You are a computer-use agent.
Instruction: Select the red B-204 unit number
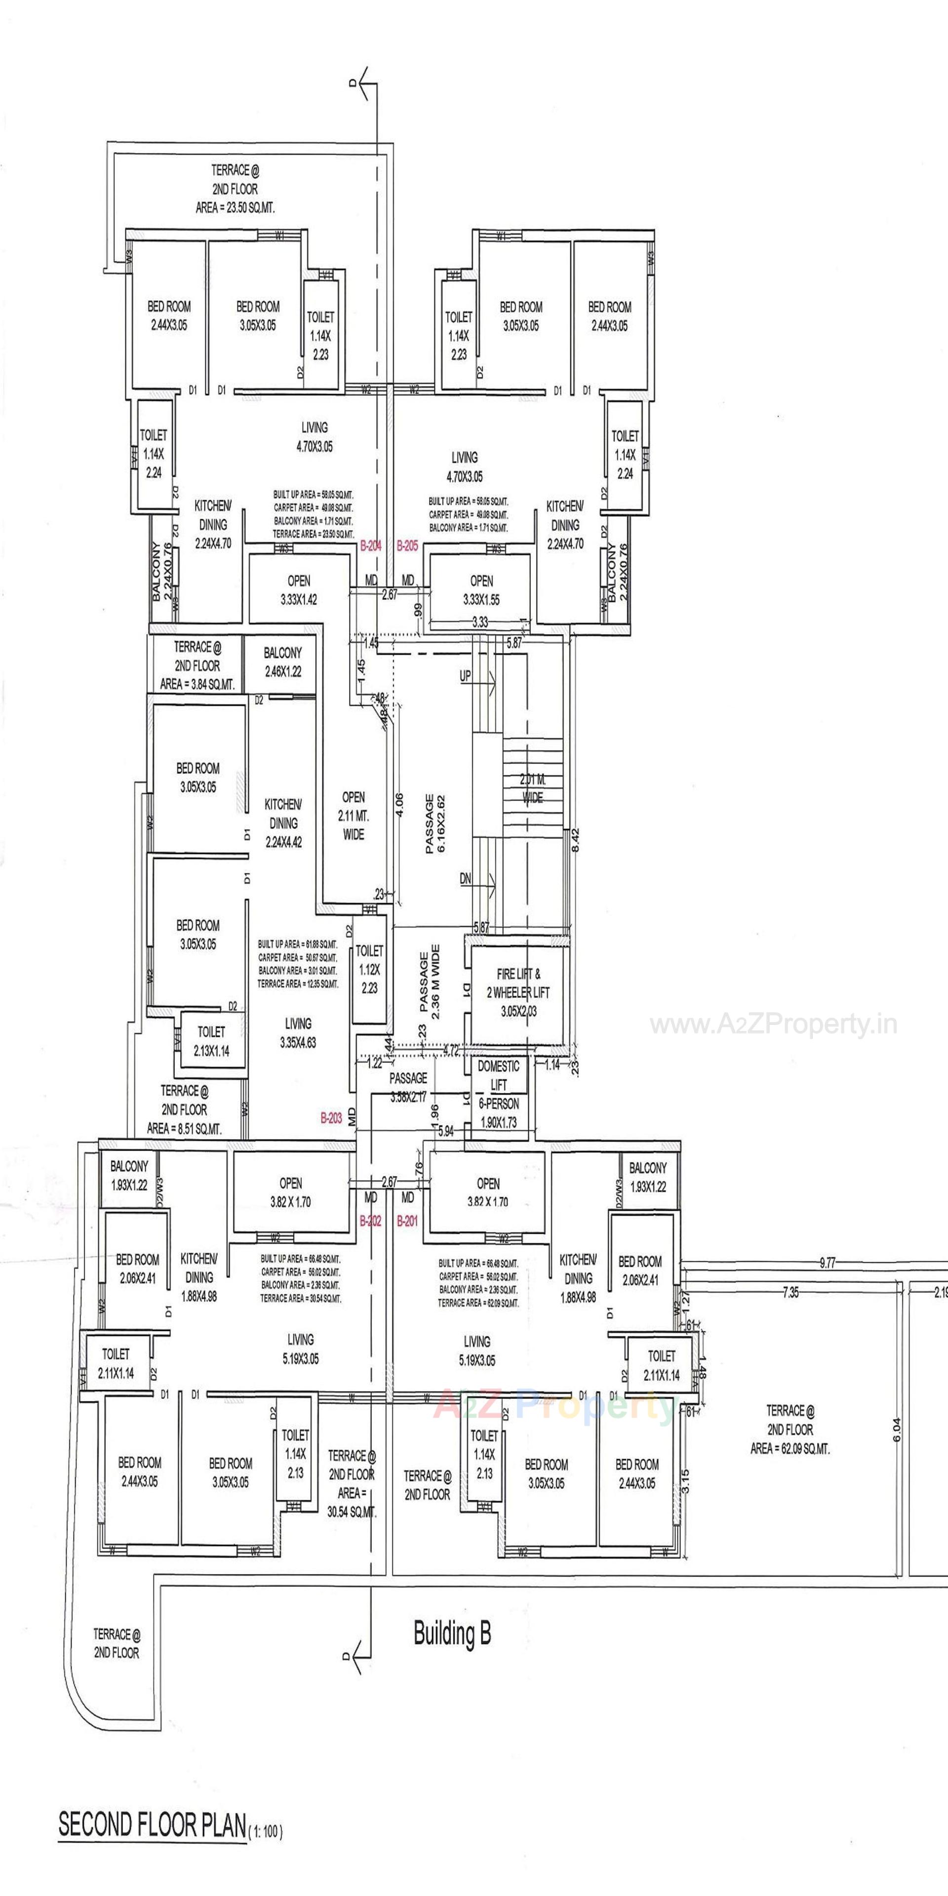coord(370,546)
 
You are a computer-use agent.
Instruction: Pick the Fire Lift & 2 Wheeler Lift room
coord(517,992)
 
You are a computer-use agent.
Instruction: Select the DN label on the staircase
coord(465,879)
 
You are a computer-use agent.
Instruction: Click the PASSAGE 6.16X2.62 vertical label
coord(435,824)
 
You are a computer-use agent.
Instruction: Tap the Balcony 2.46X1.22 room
coord(282,661)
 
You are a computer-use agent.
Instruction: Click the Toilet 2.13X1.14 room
coord(211,1042)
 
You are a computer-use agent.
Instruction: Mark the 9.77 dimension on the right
coord(828,1263)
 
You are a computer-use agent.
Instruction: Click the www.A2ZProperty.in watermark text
coord(773,1025)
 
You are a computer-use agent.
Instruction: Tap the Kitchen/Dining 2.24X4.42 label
coord(282,823)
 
